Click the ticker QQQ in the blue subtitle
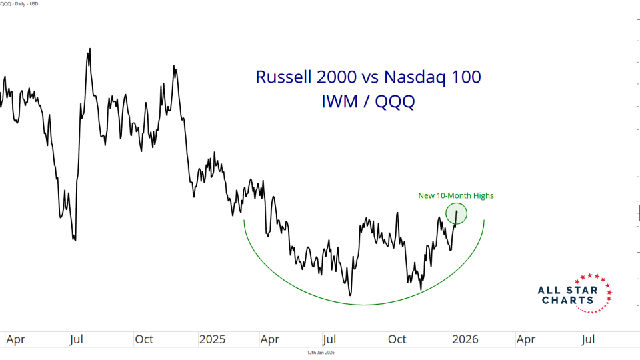[393, 103]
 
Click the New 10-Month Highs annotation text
[456, 195]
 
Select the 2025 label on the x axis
[213, 339]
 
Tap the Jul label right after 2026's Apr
[587, 339]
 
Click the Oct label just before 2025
[144, 339]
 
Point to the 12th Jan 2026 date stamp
[320, 352]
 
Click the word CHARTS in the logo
[569, 301]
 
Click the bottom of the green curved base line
[364, 305]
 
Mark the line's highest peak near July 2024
[89, 50]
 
